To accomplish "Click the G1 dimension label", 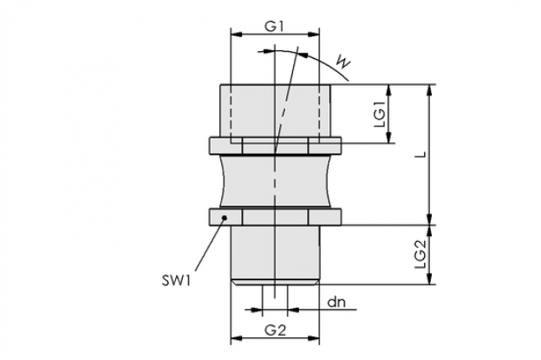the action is (x=274, y=27).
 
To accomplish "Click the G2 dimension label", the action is (x=276, y=331).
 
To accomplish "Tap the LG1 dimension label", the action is (x=380, y=114).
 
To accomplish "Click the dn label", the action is (x=336, y=303).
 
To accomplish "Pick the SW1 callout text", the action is (x=176, y=280).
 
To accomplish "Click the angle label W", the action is (x=343, y=62).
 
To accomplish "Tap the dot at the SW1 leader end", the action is (x=225, y=218).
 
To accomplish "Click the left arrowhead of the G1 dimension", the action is (x=235, y=34).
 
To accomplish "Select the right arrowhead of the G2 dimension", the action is (x=315, y=338).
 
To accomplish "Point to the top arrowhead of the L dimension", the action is (x=429, y=89).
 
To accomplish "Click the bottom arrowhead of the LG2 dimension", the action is (x=429, y=279).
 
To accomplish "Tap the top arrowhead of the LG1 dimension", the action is (x=388, y=89).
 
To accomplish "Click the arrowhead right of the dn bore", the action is (x=292, y=310).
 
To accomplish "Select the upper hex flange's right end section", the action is (x=324, y=146).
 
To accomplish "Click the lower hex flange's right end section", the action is (x=324, y=217).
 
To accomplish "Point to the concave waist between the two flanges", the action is (x=275, y=181).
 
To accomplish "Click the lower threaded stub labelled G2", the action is (x=275, y=252).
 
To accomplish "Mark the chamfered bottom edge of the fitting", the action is (x=275, y=283).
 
